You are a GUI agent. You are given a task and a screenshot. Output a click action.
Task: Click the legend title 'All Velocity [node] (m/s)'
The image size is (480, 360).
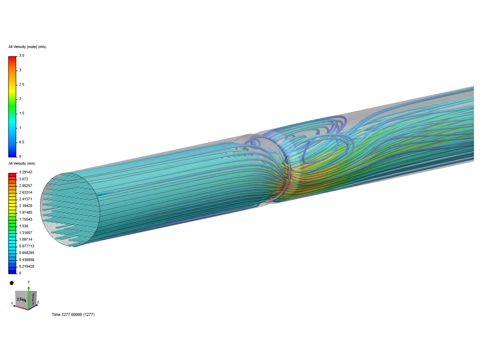[x=27, y=47]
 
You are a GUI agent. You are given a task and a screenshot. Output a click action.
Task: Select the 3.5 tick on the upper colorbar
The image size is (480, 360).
[x=21, y=56]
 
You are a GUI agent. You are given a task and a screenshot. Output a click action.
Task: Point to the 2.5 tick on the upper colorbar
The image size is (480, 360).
[x=21, y=85]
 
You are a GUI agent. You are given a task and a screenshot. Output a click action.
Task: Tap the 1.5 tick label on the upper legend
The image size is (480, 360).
[x=21, y=113]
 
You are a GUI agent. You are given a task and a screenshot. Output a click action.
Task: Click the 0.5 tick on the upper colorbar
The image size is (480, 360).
[x=21, y=142]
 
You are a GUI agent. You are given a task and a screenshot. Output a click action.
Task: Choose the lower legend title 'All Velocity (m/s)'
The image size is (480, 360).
[x=22, y=164]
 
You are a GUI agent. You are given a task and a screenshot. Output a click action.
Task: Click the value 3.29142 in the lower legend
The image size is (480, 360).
[x=26, y=172]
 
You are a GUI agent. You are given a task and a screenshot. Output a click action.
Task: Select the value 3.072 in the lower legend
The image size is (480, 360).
[x=24, y=179]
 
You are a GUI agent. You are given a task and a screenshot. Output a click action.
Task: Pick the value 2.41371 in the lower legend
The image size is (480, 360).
[x=26, y=199]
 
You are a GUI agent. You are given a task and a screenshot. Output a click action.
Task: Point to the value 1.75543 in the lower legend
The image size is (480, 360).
[x=26, y=220]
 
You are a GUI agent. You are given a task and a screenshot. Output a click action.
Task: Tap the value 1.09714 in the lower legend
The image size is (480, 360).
[x=26, y=240]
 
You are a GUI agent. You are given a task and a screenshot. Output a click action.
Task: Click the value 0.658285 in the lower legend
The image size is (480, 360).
[x=27, y=253]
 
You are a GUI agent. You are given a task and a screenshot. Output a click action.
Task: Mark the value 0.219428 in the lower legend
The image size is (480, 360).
[x=27, y=267]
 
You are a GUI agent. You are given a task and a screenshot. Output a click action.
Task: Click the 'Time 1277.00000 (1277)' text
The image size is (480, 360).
[x=73, y=315]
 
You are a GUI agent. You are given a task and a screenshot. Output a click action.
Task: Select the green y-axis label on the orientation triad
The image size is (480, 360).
[x=29, y=282]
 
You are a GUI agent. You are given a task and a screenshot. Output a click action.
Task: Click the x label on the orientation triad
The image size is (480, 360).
[x=12, y=303]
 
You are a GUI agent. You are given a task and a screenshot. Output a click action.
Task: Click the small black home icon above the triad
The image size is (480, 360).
[x=12, y=283]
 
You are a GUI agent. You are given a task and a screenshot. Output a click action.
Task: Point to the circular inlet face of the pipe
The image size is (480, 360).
[x=70, y=210]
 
